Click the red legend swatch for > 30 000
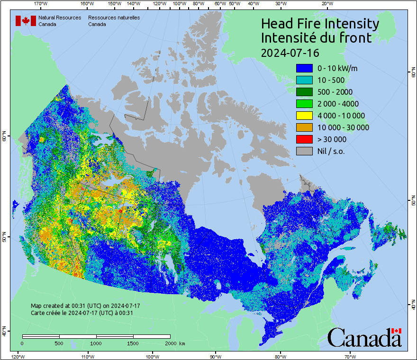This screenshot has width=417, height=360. pos(304,139)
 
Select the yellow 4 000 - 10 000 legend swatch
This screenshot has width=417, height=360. pos(304,116)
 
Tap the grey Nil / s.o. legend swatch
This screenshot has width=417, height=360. pos(304,151)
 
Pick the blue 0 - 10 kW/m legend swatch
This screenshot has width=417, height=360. pos(304,68)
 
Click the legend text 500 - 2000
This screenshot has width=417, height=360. pos(335,92)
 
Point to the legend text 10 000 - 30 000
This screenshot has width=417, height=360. pos(343,127)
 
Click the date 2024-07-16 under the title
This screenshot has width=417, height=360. pos(290,52)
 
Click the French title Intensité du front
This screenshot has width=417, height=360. pos(317,38)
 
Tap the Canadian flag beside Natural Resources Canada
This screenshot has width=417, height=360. pos(26,21)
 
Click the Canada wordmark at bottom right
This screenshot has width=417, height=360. pos(364,337)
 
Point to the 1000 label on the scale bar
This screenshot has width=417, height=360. pos(96,343)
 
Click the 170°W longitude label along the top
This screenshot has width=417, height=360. pos(41,3)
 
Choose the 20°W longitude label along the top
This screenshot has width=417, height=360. pos(326,3)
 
